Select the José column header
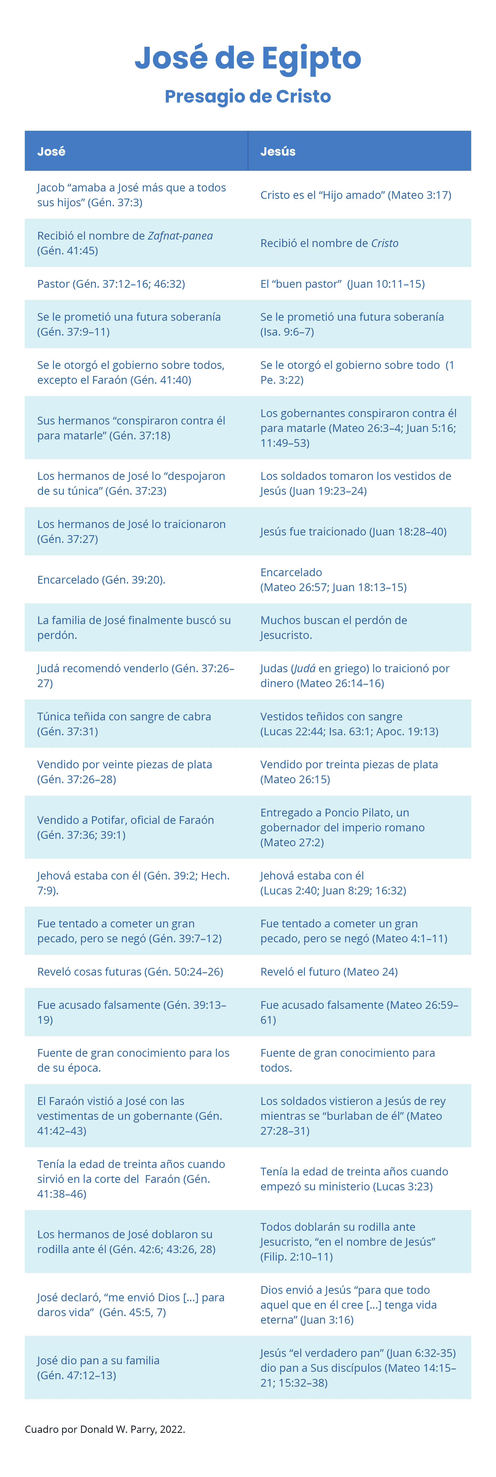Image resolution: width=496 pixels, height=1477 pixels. click(x=52, y=151)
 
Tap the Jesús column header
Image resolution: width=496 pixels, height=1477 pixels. click(x=278, y=151)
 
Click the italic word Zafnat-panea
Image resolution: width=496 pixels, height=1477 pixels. click(x=180, y=236)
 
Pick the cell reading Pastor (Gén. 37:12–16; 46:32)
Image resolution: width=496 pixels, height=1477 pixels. click(x=111, y=284)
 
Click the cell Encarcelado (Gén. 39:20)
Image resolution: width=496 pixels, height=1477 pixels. click(x=101, y=580)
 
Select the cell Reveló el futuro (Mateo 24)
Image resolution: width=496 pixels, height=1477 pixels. click(x=329, y=971)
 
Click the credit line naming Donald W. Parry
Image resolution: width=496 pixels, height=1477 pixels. click(x=105, y=1429)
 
